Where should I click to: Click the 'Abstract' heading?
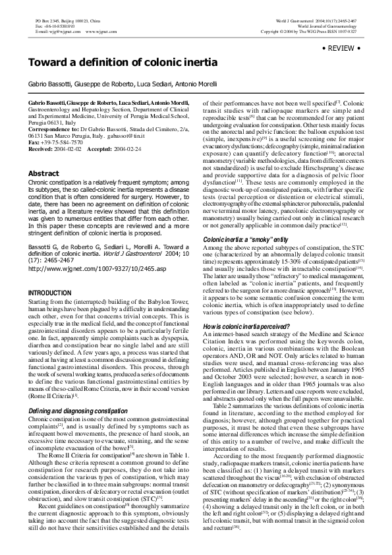pos(43,173)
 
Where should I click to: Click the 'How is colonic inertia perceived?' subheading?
pos(246,327)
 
